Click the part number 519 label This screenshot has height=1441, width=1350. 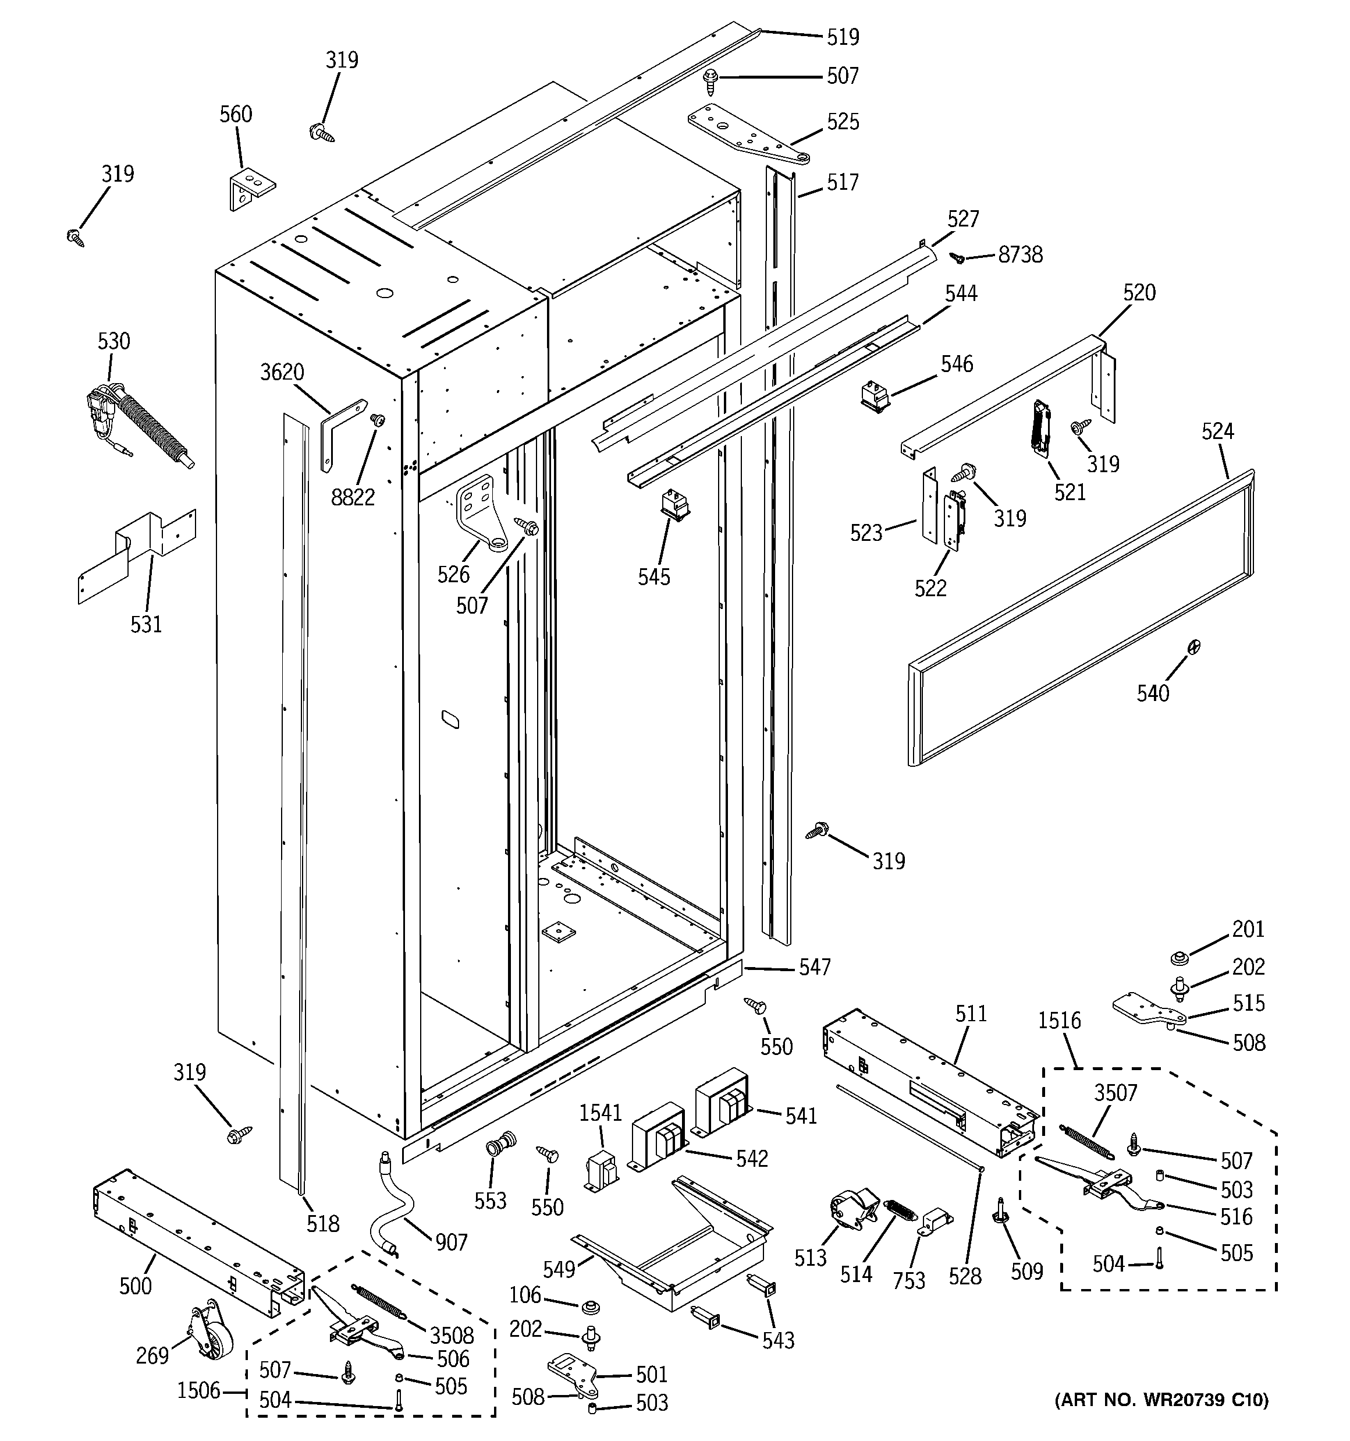[843, 37]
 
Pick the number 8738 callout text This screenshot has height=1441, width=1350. [1020, 255]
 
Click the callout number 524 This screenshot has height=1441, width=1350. [1217, 431]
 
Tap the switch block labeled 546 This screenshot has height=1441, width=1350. [874, 397]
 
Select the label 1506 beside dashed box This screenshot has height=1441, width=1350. [198, 1390]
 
